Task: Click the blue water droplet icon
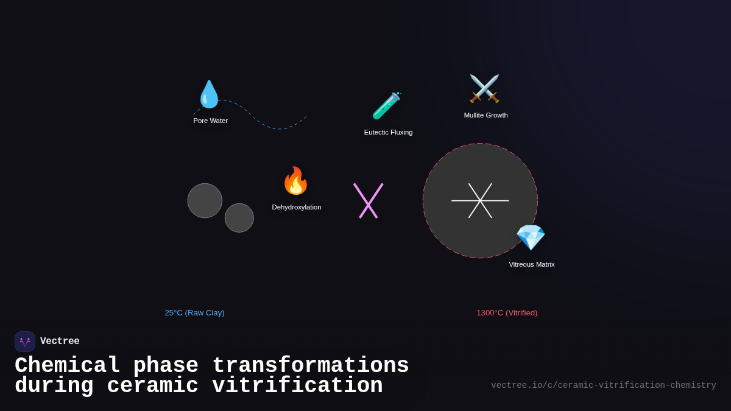[x=209, y=94]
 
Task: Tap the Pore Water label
[x=211, y=121]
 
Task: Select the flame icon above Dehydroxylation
[x=295, y=181]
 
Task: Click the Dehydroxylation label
[x=297, y=207]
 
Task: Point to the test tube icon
[x=386, y=105]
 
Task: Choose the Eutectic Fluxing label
[x=388, y=132]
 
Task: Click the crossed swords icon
[x=484, y=89]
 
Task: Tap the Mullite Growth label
[x=486, y=115]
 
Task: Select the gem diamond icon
[x=530, y=237]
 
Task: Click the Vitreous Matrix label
[x=532, y=264]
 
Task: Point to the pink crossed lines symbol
[x=369, y=201]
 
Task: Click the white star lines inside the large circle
[x=480, y=200]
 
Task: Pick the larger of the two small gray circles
[x=205, y=200]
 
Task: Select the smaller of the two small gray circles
[x=239, y=218]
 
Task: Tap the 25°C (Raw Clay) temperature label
[x=194, y=313]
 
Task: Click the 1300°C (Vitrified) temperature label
[x=507, y=313]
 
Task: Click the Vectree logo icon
[x=25, y=342]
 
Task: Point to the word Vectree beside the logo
[x=60, y=342]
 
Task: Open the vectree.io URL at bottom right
[x=603, y=385]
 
